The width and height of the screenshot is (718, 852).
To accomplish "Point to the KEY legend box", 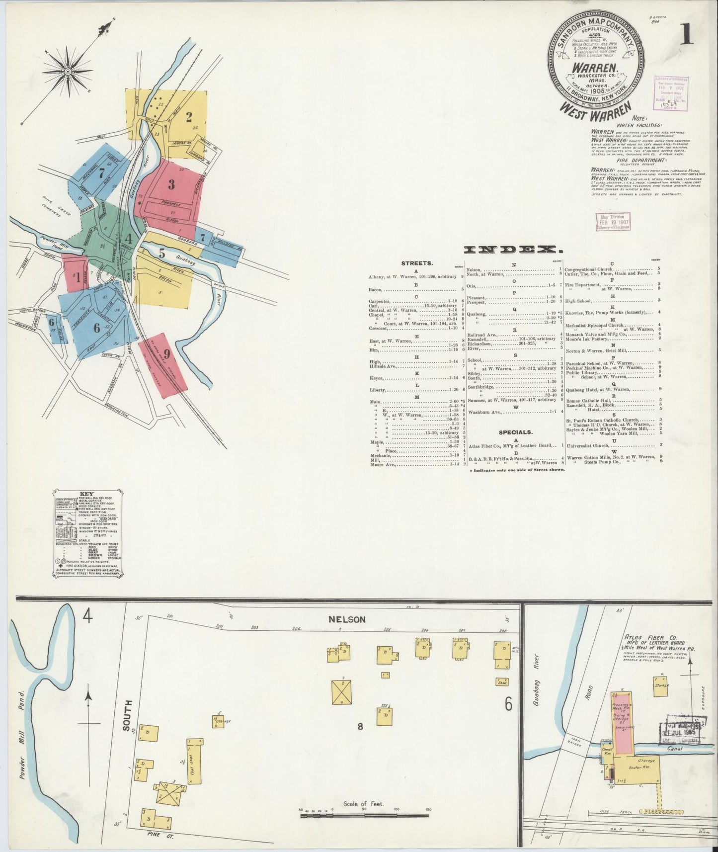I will tap(86, 533).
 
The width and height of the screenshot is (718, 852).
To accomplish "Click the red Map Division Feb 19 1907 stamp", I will tap(613, 222).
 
